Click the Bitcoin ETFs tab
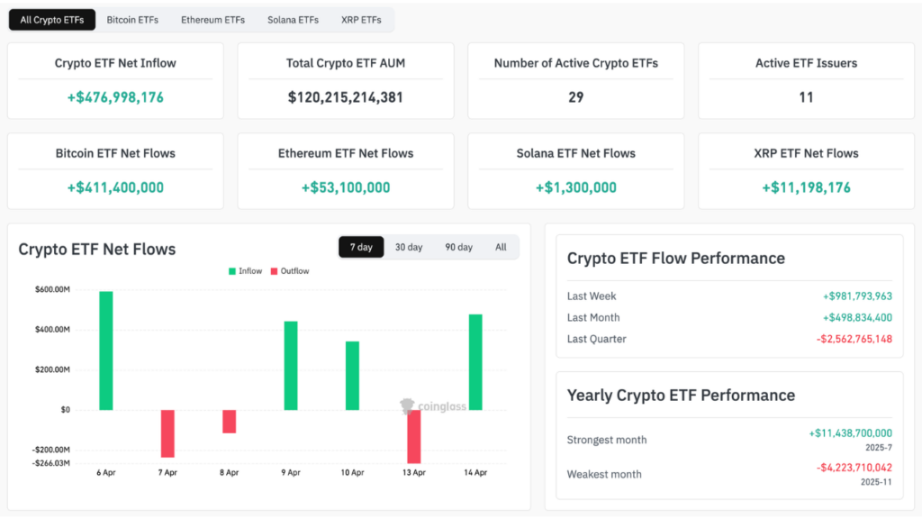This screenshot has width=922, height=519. coord(133,20)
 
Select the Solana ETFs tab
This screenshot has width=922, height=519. coord(293,20)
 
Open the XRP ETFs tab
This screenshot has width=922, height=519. coord(361,20)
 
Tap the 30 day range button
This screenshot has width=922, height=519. coord(408,247)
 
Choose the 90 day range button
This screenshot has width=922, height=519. coord(458,247)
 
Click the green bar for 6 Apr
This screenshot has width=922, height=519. coord(106,351)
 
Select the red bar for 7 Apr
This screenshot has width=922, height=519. coord(167,433)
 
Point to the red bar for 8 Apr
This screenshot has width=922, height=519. coord(230,422)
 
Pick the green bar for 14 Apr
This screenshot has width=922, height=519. coord(475,362)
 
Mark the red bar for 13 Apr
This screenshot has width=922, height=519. coord(414,436)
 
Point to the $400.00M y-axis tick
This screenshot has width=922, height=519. coord(52,330)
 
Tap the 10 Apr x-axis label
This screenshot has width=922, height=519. coord(352,472)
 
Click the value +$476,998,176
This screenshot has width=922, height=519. coord(115,96)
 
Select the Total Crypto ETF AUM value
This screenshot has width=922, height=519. coord(346,96)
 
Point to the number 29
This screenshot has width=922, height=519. coord(576,96)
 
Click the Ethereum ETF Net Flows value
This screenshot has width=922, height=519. coord(346,187)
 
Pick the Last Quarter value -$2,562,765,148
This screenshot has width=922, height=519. coord(854,339)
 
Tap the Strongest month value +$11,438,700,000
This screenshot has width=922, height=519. coord(850,433)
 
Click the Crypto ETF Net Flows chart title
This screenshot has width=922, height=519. coord(97,249)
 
